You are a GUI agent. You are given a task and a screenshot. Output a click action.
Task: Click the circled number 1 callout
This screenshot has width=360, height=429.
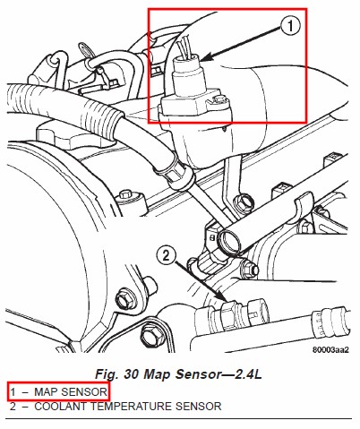290,26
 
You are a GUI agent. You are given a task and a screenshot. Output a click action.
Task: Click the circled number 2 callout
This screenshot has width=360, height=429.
167,255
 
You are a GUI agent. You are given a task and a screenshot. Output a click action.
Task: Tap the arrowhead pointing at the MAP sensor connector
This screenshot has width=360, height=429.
207,57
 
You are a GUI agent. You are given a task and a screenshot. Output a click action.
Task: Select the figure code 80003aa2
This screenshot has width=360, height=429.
330,349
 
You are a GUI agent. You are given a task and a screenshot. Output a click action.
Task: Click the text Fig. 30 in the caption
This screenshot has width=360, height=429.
117,373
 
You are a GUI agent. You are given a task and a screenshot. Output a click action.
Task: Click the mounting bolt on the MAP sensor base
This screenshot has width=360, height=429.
220,99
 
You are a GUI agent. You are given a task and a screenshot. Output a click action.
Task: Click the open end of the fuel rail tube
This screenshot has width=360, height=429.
228,240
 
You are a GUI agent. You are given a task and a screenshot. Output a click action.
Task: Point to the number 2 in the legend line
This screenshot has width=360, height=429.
13,407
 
